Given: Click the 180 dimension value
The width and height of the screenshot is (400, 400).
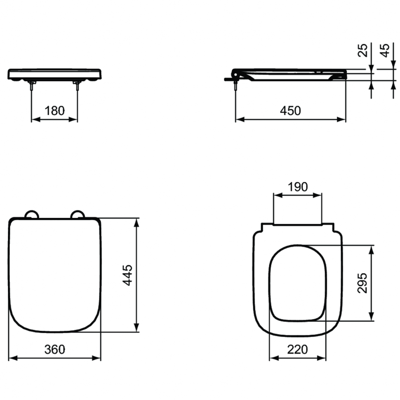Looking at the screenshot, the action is (x=54, y=111).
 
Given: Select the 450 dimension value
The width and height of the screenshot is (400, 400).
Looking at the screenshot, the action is (x=290, y=111).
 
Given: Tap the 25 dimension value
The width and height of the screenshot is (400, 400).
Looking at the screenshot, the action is (x=363, y=50).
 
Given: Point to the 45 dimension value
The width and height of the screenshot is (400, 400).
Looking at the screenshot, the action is (x=385, y=50).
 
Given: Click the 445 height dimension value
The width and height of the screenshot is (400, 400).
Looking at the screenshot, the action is (x=127, y=275).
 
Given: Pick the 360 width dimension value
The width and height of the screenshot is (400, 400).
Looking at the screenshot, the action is (x=54, y=349).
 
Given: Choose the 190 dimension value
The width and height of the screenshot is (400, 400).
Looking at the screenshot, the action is (x=298, y=187).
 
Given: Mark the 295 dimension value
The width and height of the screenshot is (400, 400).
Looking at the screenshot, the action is (x=362, y=283).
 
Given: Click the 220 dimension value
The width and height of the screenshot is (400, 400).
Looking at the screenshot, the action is (x=297, y=349).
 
